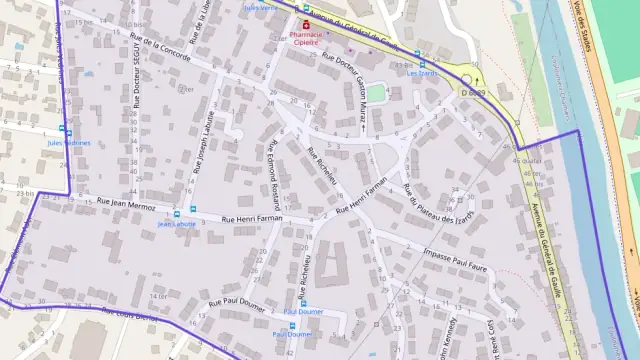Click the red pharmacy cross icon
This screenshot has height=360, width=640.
tap(305, 25)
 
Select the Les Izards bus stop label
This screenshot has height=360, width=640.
tap(423, 73)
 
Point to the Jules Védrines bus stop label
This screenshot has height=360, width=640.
tap(69, 143)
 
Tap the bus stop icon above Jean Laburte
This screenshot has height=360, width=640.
tap(177, 211)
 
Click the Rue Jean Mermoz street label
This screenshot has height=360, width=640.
tap(124, 202)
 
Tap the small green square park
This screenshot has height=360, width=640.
tap(375, 93)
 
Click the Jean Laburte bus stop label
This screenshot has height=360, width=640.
tap(177, 224)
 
